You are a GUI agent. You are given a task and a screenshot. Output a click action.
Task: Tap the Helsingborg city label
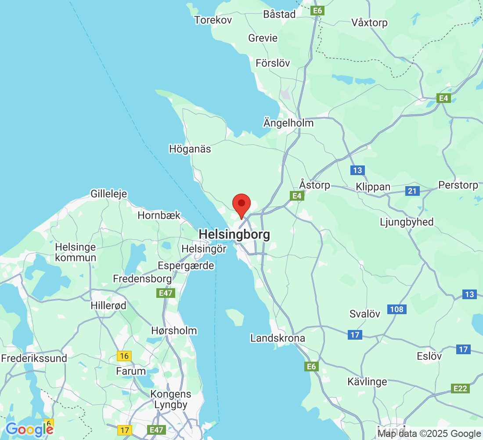(234, 235)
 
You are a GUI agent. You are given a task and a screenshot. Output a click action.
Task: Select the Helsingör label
(204, 249)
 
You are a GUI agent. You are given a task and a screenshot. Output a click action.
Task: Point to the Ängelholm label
(288, 123)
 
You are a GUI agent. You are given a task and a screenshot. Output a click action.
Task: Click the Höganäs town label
(190, 149)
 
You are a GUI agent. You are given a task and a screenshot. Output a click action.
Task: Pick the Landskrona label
(278, 338)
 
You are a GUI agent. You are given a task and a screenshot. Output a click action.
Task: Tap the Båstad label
(279, 14)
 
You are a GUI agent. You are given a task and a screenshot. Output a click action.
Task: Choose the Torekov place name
(213, 20)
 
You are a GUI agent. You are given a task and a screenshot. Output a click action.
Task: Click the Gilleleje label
(108, 194)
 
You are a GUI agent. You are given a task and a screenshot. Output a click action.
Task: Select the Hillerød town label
(108, 305)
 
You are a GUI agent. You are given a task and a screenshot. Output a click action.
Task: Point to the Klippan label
(373, 187)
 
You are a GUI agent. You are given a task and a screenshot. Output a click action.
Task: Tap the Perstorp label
(458, 185)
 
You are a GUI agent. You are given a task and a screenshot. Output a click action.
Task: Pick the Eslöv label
(429, 356)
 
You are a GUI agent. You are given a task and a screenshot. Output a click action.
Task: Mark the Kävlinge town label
(367, 381)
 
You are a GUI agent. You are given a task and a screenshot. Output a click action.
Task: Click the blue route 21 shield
(412, 191)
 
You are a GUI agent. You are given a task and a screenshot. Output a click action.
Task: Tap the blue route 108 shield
(396, 309)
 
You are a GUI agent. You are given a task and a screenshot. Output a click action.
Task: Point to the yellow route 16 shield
(125, 356)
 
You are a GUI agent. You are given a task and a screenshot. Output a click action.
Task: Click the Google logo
(29, 429)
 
